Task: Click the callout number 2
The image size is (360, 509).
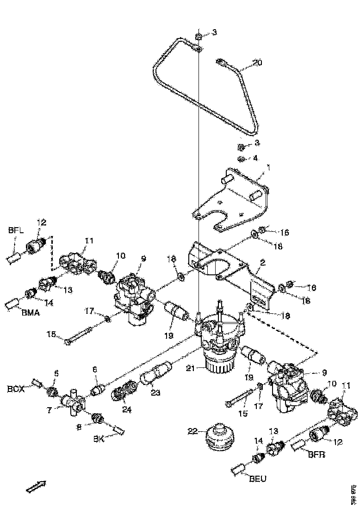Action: point(262,263)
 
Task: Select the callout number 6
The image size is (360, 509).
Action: point(95,369)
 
